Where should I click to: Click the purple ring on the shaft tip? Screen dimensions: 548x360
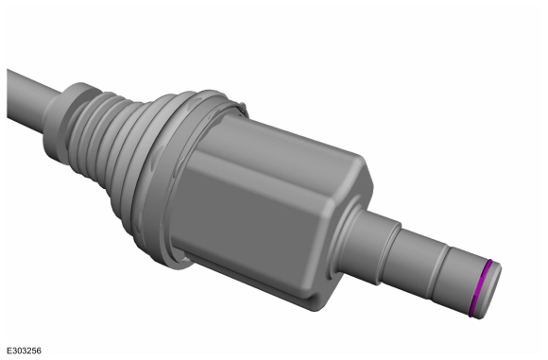480,289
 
